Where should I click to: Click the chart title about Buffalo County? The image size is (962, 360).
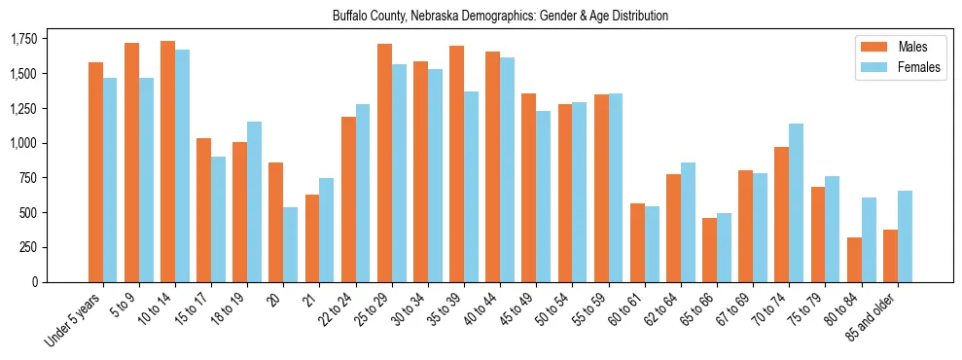point(500,17)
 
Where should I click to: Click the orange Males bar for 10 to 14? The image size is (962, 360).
point(168,162)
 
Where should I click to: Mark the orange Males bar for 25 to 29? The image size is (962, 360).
point(384,162)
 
